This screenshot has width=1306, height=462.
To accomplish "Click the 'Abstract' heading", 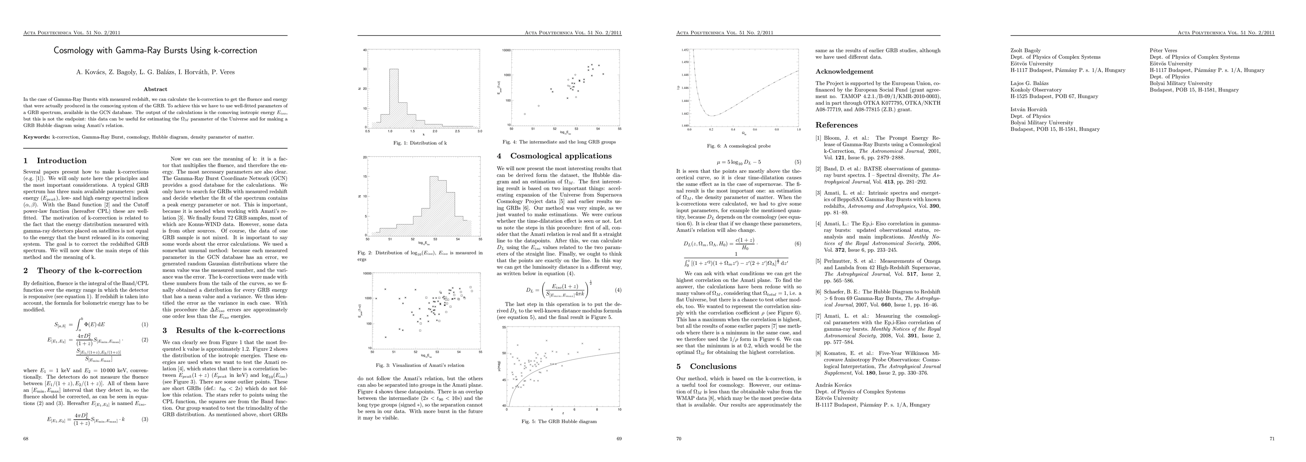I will [x=156, y=89].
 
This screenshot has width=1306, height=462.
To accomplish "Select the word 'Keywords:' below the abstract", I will [x=37, y=137].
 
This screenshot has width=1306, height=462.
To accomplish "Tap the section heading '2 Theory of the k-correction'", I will [x=83, y=271].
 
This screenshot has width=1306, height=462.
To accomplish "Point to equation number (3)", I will [x=144, y=419].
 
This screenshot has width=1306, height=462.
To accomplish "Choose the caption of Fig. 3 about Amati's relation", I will [x=420, y=365].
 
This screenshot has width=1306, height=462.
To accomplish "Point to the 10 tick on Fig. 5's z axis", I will [x=619, y=409].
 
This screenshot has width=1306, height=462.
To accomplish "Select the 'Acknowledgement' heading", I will [x=844, y=72].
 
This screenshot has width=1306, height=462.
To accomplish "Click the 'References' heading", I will [x=837, y=125].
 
